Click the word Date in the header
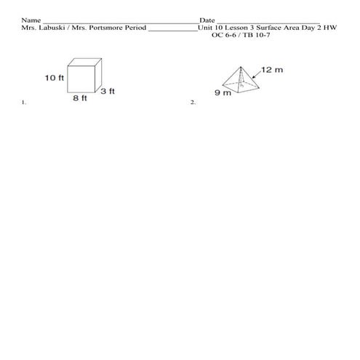click(207, 20)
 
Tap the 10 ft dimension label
click(54, 77)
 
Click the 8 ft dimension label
click(79, 99)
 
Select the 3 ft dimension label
click(108, 91)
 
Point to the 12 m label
click(271, 70)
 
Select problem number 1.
click(24, 103)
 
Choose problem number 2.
click(193, 103)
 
